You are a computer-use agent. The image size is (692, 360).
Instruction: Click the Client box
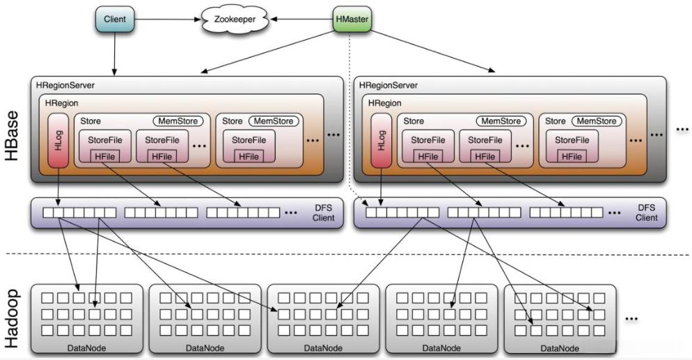pos(114,19)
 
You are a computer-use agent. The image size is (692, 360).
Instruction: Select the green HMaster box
pos(352,19)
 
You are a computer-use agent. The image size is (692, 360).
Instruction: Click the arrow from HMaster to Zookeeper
pos(299,19)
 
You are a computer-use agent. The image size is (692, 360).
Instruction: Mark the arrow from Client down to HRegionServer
pos(114,52)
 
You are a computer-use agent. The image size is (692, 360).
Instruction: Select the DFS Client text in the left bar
pos(323,213)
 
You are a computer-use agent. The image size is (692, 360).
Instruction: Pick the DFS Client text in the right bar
pos(646,213)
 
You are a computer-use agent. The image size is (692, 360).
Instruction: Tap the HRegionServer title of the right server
pos(388,86)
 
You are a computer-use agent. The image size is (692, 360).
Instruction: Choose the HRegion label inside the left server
pos(62,102)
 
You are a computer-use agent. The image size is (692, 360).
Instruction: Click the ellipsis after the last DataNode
pos(631,318)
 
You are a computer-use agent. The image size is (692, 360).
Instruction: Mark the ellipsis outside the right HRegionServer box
pos(681,130)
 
